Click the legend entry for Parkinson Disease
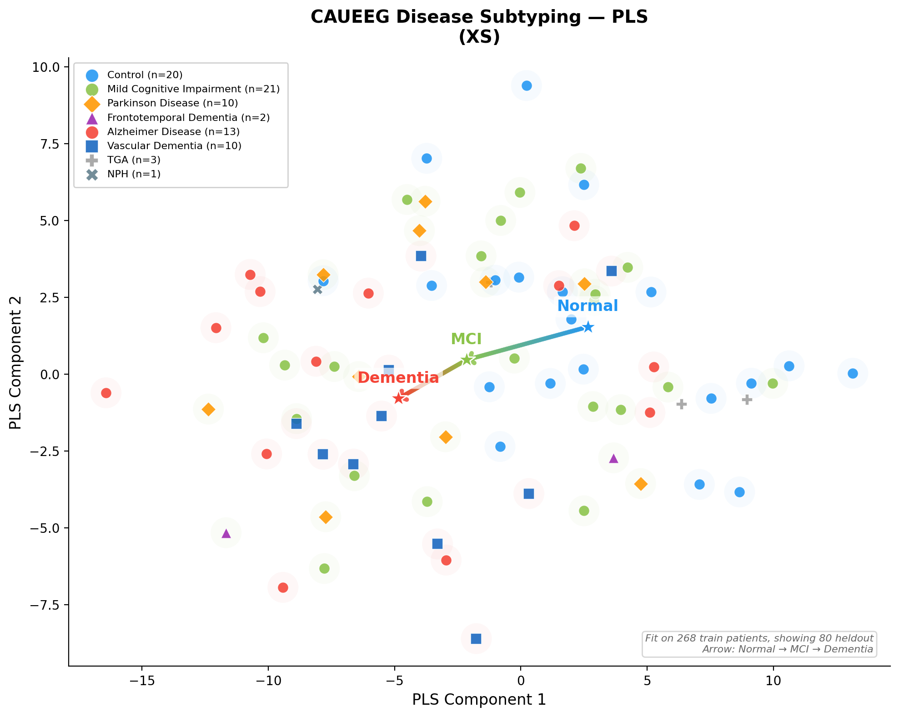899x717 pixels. click(x=172, y=103)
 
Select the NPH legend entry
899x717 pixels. click(x=134, y=174)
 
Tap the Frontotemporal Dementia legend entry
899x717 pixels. click(x=188, y=118)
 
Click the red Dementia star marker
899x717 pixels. click(x=399, y=398)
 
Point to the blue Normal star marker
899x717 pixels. click(x=588, y=327)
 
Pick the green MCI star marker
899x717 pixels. click(x=467, y=360)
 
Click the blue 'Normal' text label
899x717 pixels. click(x=588, y=306)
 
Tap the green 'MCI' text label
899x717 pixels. click(x=466, y=339)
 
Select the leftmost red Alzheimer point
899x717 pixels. click(x=106, y=393)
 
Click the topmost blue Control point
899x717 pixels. click(x=527, y=85)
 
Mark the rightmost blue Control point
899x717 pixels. click(x=853, y=373)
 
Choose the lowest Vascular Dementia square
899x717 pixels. click(x=476, y=639)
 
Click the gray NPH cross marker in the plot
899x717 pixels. click(x=317, y=289)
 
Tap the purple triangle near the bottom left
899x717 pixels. click(x=226, y=533)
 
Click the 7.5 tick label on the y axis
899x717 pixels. click(x=45, y=144)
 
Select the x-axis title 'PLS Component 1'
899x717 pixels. click(x=479, y=700)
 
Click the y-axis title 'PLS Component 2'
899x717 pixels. click(x=15, y=362)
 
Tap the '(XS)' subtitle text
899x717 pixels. click(x=479, y=37)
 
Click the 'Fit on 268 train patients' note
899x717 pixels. click(x=759, y=638)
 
